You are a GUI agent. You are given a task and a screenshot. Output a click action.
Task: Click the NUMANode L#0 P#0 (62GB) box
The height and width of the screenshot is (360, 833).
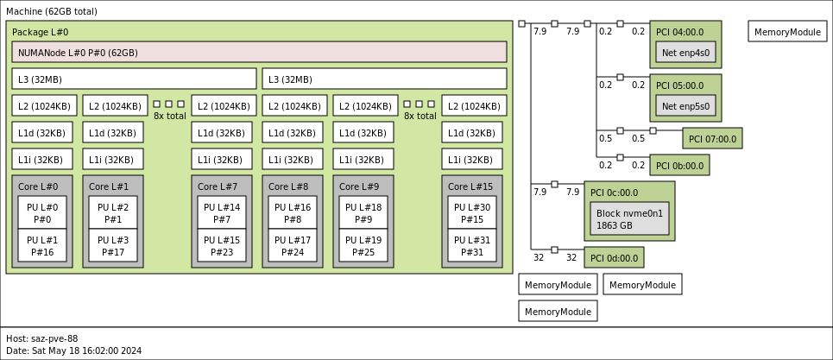259,52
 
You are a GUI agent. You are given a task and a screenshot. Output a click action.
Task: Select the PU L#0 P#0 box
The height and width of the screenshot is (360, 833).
42,212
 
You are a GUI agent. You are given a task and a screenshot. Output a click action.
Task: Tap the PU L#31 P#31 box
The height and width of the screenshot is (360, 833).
472,246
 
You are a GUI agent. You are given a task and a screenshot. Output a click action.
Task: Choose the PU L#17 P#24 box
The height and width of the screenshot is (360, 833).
293,246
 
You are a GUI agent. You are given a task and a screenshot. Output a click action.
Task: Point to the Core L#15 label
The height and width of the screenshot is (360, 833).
470,186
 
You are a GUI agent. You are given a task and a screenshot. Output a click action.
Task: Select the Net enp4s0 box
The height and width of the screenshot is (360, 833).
685,52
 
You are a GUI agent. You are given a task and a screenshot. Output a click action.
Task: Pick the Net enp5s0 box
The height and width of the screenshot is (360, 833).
685,106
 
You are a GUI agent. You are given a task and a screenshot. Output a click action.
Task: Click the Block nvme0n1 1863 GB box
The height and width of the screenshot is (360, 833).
629,218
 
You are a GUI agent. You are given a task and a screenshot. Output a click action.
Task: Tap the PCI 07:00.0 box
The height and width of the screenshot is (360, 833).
712,138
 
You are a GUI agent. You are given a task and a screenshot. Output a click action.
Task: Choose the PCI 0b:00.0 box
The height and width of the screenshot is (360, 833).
679,165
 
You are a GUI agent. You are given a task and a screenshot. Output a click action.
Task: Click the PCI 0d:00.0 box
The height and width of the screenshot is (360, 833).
614,257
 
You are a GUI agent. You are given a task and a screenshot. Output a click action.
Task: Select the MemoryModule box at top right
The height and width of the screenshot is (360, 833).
787,32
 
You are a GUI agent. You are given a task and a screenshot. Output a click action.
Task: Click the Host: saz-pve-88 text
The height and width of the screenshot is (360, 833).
42,338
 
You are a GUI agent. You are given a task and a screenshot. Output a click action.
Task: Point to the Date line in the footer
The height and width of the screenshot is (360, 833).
73,351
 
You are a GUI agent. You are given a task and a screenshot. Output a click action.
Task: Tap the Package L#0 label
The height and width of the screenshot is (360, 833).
40,32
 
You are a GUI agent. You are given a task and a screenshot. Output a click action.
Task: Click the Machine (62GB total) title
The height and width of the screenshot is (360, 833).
52,11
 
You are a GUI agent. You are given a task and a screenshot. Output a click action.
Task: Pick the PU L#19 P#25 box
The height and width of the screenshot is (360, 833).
363,246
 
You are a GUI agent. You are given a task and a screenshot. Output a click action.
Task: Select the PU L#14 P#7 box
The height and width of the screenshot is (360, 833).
222,212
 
